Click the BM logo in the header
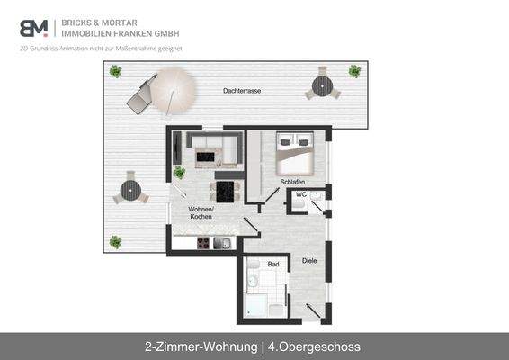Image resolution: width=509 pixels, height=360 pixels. point(34,27)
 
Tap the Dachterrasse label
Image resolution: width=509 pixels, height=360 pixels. point(243,92)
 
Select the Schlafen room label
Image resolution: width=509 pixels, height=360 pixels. point(292,183)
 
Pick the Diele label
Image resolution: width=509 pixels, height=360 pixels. point(309,261)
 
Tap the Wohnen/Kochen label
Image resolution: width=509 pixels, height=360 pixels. point(201,213)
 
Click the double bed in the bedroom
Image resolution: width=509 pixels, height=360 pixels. point(294,153)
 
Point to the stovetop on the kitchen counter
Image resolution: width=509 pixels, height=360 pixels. point(204,243)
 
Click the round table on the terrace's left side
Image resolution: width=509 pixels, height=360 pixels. point(131,190)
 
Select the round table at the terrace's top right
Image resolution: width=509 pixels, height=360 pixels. point(322,86)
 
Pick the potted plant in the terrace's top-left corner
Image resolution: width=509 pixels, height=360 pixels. point(115,71)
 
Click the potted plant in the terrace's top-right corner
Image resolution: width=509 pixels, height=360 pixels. point(354,70)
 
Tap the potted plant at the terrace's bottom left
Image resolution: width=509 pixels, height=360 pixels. point(115,241)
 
